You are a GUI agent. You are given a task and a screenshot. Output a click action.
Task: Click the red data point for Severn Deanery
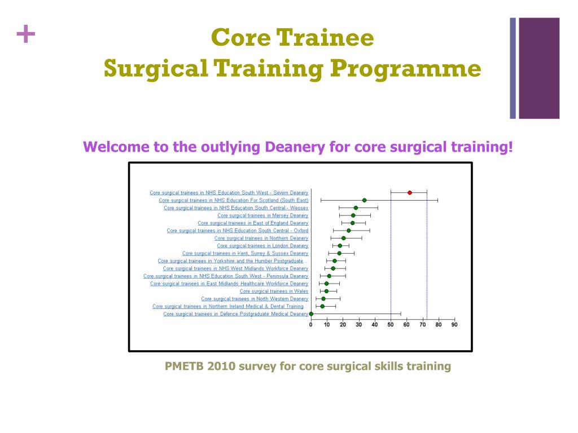point(410,193)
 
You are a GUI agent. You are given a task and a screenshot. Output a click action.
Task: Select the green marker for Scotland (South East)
point(365,200)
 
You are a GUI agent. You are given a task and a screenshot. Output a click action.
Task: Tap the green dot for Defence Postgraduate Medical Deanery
point(311,313)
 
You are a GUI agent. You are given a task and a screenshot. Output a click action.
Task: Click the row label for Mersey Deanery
point(262,215)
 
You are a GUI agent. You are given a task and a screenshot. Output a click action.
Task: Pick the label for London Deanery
point(262,246)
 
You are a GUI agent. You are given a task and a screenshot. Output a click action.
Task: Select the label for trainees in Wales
point(274,291)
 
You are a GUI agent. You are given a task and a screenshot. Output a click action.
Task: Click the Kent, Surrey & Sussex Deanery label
point(245,253)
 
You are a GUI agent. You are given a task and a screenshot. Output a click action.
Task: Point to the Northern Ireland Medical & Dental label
point(228,306)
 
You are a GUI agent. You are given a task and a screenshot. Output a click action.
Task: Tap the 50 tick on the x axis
point(391,324)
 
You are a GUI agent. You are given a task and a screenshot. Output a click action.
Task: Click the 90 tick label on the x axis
point(454,324)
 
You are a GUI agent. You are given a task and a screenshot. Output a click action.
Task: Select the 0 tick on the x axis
point(311,324)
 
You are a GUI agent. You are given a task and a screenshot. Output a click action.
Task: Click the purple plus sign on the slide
point(25,36)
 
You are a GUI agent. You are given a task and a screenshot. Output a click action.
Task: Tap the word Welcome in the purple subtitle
point(116,147)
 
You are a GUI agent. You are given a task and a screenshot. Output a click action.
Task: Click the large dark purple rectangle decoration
point(539,68)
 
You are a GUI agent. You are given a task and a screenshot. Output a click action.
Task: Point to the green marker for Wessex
point(356,208)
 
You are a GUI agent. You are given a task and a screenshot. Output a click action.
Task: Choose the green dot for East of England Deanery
point(353,223)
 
